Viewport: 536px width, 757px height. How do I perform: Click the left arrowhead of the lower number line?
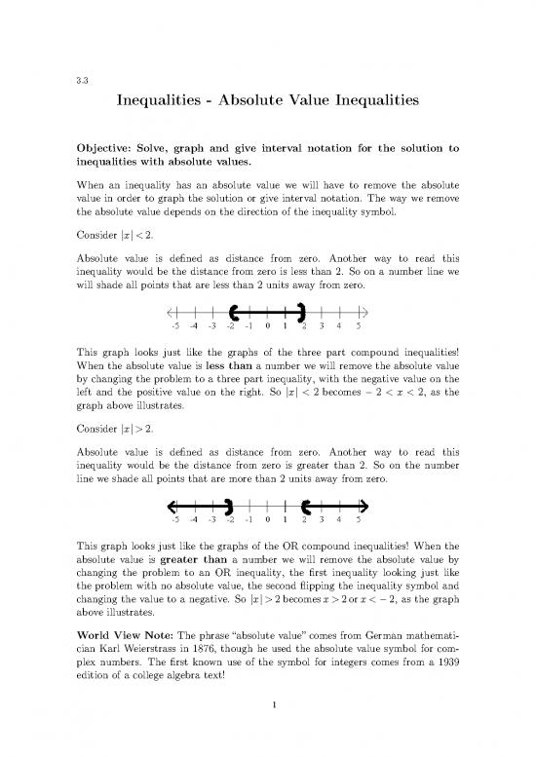pyautogui.click(x=171, y=505)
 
